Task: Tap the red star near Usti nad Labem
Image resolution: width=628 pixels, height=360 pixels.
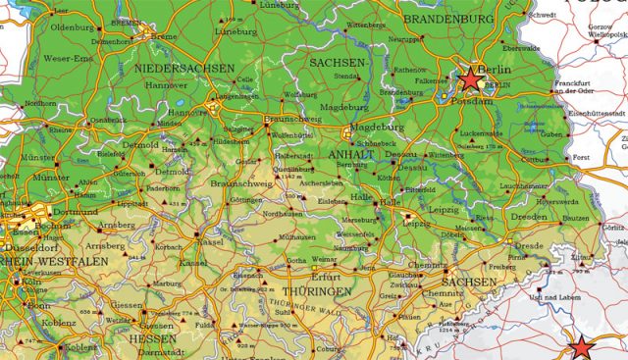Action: pyautogui.click(x=583, y=347)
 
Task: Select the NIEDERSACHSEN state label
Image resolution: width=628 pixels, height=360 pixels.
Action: pyautogui.click(x=185, y=69)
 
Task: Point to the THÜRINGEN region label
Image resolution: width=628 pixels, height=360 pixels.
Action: pyautogui.click(x=316, y=292)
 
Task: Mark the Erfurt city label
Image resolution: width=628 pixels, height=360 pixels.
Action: pyautogui.click(x=325, y=278)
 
